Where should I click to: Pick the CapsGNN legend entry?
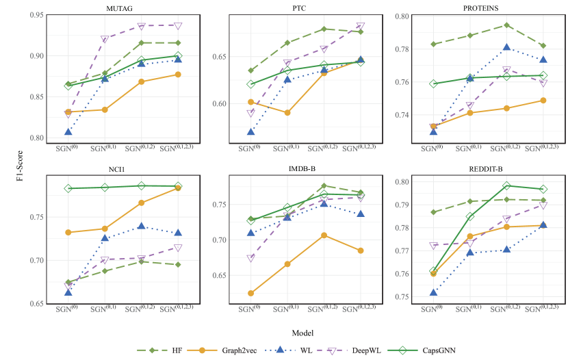[x=434, y=350]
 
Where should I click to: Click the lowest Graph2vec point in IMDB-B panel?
[x=251, y=293]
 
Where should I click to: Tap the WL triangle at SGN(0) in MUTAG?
[x=68, y=131]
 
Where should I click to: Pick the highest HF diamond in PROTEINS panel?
[x=506, y=25]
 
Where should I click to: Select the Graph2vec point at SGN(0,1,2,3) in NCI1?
[x=178, y=188]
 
